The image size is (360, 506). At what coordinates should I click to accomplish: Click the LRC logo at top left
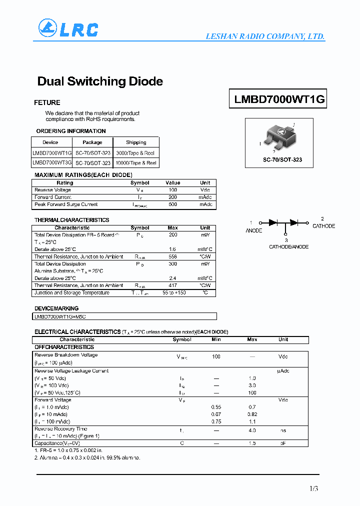[67, 29]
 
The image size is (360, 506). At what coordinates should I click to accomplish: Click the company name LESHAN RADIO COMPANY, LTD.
[265, 36]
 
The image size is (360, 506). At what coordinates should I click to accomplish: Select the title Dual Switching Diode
[100, 81]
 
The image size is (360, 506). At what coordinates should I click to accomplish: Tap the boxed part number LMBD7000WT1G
[279, 99]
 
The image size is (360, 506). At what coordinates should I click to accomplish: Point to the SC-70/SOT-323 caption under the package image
[279, 160]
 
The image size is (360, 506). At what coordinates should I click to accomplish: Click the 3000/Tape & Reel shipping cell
[135, 153]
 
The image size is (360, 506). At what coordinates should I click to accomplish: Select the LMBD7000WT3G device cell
[52, 163]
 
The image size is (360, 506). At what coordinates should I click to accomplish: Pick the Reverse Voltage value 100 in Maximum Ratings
[173, 190]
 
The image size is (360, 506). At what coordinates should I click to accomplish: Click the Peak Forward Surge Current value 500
[173, 204]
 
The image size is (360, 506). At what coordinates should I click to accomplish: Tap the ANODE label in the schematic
[254, 230]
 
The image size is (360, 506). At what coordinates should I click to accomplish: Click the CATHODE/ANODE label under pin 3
[288, 247]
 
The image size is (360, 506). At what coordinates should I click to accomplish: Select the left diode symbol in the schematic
[273, 222]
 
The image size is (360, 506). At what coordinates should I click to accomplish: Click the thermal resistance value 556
[173, 256]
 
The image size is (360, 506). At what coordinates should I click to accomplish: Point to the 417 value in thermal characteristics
[173, 285]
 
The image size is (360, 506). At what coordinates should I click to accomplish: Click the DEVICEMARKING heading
[56, 308]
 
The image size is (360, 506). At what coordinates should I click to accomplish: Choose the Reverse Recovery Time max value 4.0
[252, 430]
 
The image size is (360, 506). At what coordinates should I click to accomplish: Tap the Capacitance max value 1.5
[252, 443]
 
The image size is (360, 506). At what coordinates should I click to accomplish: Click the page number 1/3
[313, 488]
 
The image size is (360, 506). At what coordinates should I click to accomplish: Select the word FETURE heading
[47, 102]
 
